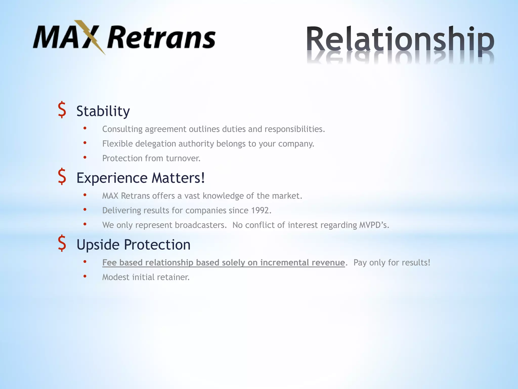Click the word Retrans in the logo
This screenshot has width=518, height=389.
pos(161,38)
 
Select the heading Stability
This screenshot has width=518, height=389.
pos(103,111)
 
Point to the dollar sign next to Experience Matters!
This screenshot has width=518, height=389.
pos(62,177)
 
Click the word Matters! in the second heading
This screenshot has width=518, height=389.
pos(178,178)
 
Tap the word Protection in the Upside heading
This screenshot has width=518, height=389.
pos(157,245)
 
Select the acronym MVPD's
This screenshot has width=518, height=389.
pos(374,225)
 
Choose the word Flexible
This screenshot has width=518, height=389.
pos(117,144)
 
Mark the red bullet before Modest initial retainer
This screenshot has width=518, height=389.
pos(85,276)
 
